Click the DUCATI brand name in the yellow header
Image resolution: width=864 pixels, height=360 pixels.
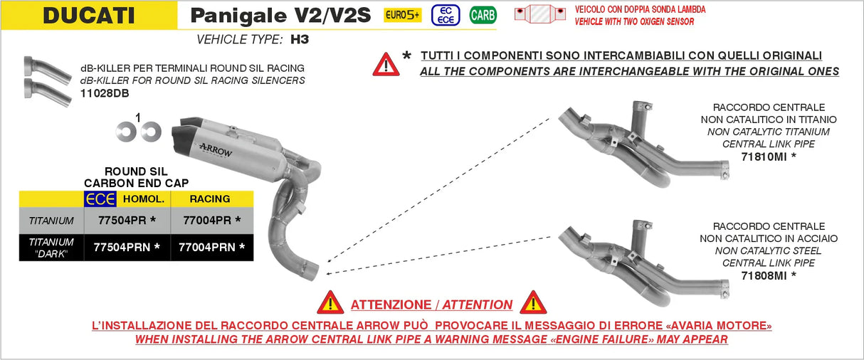(x=89, y=15)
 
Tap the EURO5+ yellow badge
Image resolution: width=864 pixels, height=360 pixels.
(x=403, y=15)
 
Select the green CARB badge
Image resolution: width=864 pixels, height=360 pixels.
(x=483, y=15)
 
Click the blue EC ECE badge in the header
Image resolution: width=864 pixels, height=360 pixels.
(x=446, y=15)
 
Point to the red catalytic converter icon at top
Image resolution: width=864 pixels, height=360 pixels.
(x=539, y=15)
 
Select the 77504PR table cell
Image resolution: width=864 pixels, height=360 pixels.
(x=126, y=221)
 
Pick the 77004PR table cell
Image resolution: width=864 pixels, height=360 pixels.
(x=211, y=221)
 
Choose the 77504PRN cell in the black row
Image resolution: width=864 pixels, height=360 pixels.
(x=126, y=248)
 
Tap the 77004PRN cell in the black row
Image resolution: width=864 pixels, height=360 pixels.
(x=211, y=248)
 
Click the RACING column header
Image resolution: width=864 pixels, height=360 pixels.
(x=210, y=199)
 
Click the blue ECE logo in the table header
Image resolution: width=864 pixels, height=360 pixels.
(x=100, y=199)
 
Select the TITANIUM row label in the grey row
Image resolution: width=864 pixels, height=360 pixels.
(x=51, y=221)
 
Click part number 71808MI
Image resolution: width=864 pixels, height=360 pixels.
(x=768, y=275)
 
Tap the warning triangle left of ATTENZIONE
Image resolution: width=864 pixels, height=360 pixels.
(x=330, y=303)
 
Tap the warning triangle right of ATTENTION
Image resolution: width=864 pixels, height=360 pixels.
(x=532, y=303)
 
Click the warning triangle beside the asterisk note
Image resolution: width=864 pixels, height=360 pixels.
(x=386, y=64)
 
